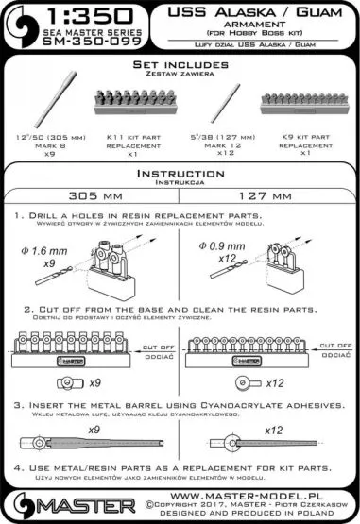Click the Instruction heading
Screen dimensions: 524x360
click(179, 175)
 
